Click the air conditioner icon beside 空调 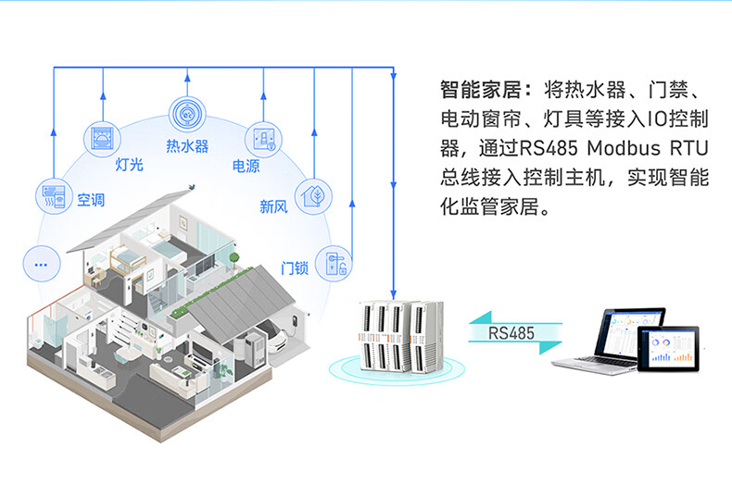54,196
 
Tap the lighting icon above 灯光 102,139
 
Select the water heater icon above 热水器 187,114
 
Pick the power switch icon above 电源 263,140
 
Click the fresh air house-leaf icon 313,196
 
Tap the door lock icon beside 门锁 334,264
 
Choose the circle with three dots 42,264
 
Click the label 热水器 187,146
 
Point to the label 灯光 130,164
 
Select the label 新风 273,206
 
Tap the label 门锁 295,268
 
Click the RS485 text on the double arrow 511,333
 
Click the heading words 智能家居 481,90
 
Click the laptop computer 607,341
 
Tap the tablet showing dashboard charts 668,349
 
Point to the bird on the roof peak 192,187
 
